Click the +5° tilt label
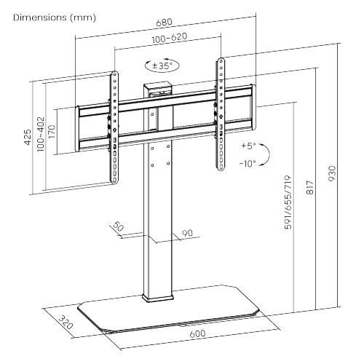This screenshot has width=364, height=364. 248,146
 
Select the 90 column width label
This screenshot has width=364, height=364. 186,233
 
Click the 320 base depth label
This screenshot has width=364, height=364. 65,322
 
